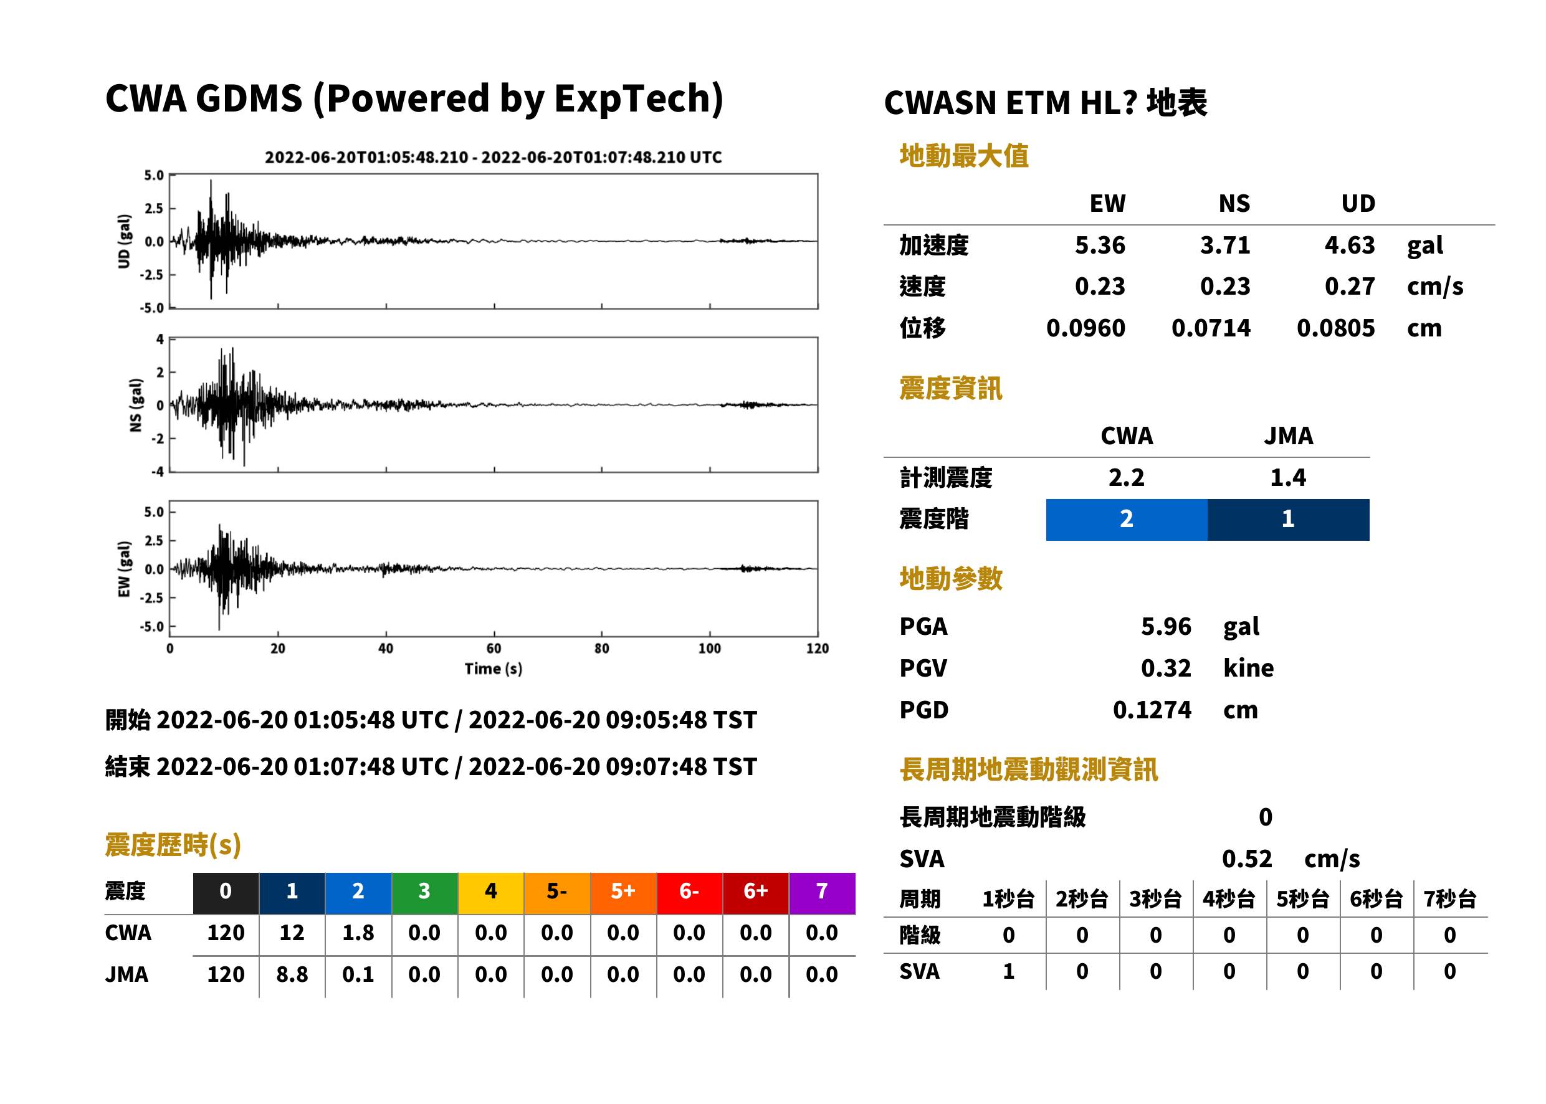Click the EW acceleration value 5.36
1099,245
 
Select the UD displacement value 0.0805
1335,328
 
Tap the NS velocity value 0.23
1224,286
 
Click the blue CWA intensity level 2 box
1127,520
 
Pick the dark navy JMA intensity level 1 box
1289,520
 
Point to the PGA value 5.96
1166,626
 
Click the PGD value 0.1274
1152,710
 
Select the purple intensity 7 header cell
822,893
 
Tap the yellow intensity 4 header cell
491,893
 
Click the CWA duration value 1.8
358,933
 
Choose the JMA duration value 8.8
292,974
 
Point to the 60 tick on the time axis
494,649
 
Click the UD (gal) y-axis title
124,241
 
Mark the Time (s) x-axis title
494,669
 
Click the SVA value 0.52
1247,859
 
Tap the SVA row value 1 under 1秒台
1009,971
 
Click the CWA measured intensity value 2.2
1127,477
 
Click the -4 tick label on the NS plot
158,472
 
